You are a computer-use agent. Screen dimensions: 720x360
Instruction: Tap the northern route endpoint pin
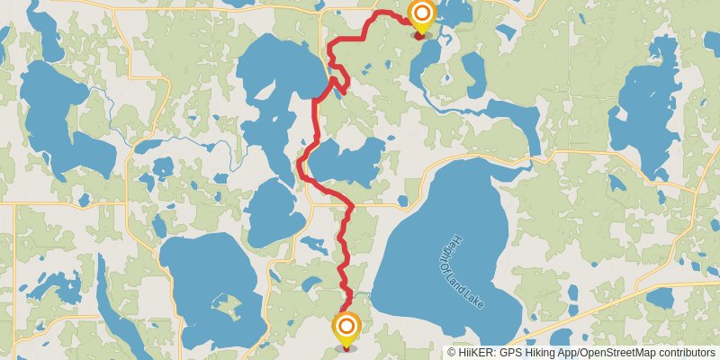(x=420, y=15)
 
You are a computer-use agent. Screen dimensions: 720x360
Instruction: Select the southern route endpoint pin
(x=346, y=328)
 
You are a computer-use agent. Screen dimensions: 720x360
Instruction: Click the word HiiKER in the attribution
(x=478, y=353)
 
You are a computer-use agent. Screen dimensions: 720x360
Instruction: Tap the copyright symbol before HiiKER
(x=453, y=353)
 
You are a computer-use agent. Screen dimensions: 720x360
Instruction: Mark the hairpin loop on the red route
(x=339, y=85)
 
